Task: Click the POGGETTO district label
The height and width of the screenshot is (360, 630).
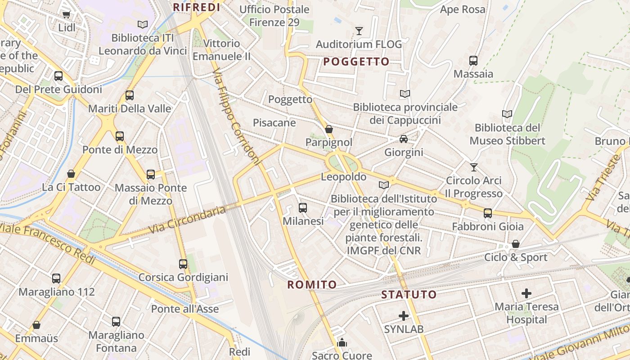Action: [356, 62]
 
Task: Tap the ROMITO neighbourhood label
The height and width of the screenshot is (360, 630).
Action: [312, 284]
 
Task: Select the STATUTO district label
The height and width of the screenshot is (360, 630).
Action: [409, 295]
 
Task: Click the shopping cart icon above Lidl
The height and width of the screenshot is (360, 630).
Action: [67, 14]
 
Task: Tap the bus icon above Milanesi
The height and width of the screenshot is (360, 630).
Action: [303, 208]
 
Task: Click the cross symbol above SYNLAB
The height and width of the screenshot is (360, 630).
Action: [404, 316]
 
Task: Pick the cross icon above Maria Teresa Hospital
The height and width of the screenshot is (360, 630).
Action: [526, 294]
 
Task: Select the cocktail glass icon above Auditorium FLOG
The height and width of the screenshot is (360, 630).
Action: [359, 31]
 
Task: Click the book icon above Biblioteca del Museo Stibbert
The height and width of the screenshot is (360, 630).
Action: [507, 114]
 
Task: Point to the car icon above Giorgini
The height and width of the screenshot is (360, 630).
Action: [404, 139]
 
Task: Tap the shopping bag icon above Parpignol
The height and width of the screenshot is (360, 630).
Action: [329, 130]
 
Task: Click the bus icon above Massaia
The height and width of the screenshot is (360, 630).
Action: [473, 61]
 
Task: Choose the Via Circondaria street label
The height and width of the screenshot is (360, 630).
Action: [187, 220]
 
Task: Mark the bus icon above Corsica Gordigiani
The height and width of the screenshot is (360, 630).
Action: [183, 264]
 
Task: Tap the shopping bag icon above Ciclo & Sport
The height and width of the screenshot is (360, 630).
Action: [516, 244]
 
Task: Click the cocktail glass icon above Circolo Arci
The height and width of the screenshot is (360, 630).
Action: [473, 167]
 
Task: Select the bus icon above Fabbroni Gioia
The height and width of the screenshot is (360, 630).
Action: [488, 213]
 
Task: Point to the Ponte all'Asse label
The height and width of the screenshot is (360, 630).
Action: [185, 309]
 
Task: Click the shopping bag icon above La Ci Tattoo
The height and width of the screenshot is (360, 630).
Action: [71, 174]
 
